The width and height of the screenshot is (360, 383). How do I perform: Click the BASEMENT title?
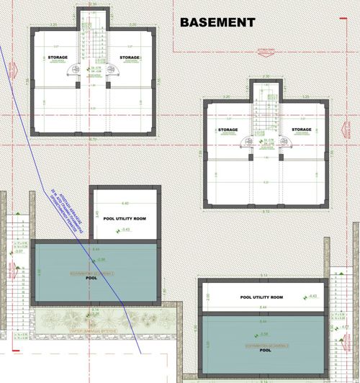coord(217,22)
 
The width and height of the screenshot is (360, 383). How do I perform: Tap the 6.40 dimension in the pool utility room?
coord(125,203)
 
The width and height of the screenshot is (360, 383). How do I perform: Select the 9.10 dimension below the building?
coord(266,211)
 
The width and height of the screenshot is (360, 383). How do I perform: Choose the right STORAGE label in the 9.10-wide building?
coord(302,130)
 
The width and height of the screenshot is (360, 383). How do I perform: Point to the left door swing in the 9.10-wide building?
coord(249,142)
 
